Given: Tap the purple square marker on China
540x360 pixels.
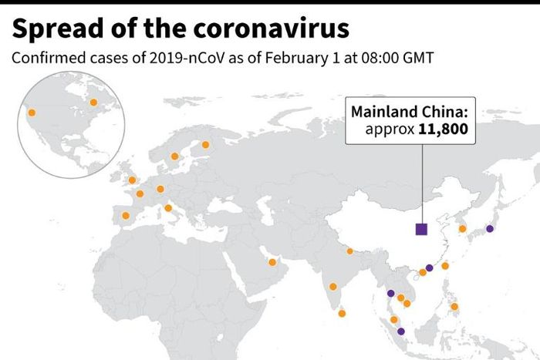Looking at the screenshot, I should (x=421, y=229).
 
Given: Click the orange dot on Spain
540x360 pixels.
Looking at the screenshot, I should (x=126, y=215).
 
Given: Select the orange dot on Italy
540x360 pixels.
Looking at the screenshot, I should (x=168, y=207).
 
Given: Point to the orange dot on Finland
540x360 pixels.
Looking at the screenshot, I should (x=205, y=144).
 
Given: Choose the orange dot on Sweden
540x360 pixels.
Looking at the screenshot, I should (x=175, y=156).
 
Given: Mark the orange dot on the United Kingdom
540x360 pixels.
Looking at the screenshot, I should (x=132, y=180).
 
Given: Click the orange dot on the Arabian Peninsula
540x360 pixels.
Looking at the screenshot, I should (x=272, y=262).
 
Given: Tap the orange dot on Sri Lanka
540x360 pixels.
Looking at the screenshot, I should (x=343, y=313).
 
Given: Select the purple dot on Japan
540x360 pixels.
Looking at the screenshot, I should (x=490, y=229).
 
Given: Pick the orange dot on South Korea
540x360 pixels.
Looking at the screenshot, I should (x=462, y=228).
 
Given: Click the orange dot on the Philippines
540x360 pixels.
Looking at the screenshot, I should (x=454, y=306).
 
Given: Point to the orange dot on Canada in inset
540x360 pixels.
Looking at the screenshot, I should (x=93, y=103).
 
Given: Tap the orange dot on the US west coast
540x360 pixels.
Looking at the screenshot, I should (x=32, y=113).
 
